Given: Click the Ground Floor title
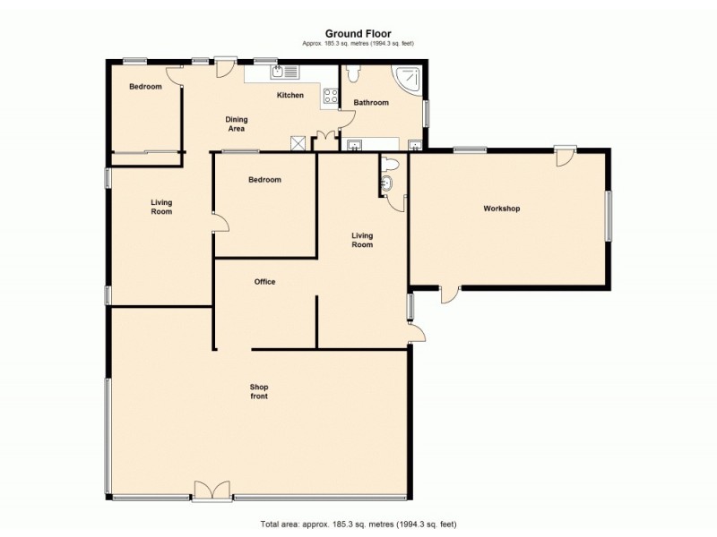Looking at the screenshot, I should click(x=358, y=34).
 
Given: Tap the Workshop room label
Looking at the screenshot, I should click(x=502, y=209).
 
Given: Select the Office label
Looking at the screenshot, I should click(x=264, y=282).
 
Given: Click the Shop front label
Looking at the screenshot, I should click(x=259, y=391).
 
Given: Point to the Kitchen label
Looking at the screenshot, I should click(x=289, y=95).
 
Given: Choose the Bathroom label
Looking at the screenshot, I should click(x=371, y=103).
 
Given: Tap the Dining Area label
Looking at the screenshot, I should click(x=236, y=124).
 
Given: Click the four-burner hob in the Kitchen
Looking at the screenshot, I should click(x=330, y=97).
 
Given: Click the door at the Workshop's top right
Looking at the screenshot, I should click(x=564, y=157).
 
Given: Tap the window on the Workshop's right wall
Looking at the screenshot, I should click(x=609, y=216).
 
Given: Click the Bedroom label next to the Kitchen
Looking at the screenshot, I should click(x=145, y=87).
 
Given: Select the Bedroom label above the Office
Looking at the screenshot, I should click(x=264, y=180).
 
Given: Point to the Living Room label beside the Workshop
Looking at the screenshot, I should click(x=362, y=239).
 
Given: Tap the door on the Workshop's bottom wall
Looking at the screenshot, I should click(x=449, y=294).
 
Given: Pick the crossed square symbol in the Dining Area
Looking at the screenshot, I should click(x=298, y=143).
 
